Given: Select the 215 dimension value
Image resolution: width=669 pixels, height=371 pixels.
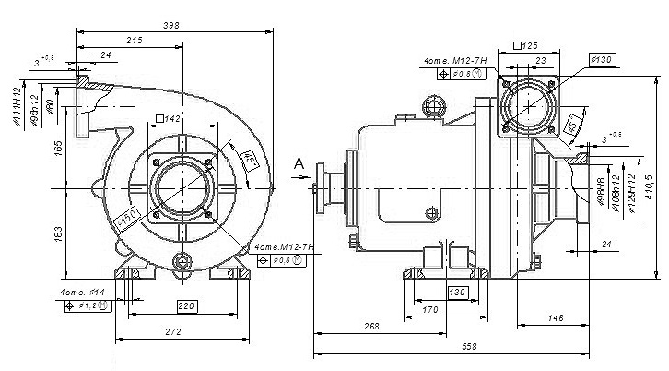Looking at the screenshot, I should pyautogui.click(x=134, y=40).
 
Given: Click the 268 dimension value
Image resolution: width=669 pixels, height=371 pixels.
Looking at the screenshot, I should pyautogui.click(x=371, y=327).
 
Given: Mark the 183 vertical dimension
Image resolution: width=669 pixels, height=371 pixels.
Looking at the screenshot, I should pyautogui.click(x=59, y=233).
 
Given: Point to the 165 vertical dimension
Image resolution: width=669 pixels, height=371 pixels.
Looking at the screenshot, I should pyautogui.click(x=59, y=148).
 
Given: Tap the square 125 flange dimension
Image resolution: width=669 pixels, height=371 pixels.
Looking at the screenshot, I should pyautogui.click(x=525, y=44).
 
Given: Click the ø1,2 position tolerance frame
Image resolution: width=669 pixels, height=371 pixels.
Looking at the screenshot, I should pyautogui.click(x=88, y=306).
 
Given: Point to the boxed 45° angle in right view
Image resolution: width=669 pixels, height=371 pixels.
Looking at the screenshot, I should pyautogui.click(x=571, y=124).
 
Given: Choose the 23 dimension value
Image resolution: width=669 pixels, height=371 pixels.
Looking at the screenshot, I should pyautogui.click(x=541, y=61).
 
